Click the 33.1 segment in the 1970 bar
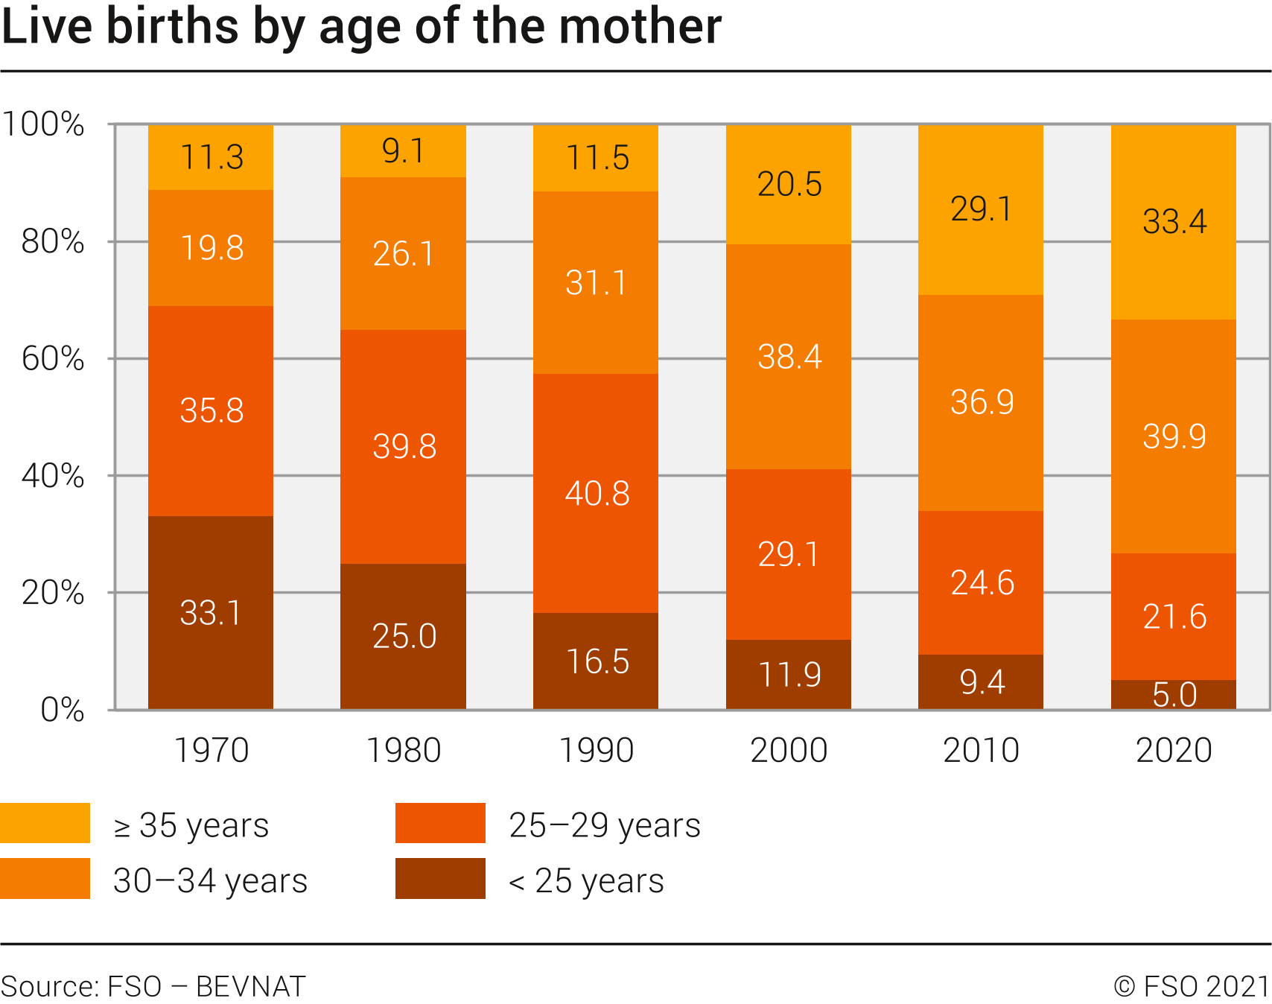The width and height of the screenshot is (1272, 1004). click(211, 612)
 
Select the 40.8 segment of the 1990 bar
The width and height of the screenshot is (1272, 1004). click(596, 493)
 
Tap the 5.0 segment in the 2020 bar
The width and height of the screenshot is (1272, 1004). click(1174, 694)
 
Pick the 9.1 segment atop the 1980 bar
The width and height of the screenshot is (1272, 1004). click(403, 151)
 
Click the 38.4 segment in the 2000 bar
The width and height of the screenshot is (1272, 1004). click(789, 357)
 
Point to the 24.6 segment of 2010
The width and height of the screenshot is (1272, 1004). click(981, 582)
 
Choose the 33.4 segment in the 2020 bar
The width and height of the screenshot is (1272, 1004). click(1174, 222)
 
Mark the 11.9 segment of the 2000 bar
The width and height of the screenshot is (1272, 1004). click(789, 674)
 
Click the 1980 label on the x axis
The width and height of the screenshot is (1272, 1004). click(404, 750)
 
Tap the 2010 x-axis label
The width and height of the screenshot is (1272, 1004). click(981, 750)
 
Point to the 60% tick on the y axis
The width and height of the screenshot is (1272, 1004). click(53, 359)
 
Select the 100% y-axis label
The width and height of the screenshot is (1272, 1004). click(43, 124)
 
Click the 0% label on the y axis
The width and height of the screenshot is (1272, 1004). click(63, 710)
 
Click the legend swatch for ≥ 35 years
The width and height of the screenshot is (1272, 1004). click(45, 823)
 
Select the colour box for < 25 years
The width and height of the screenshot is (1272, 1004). click(440, 879)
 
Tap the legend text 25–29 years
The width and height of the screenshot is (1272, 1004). click(605, 825)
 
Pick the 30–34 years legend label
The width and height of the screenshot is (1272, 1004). click(210, 881)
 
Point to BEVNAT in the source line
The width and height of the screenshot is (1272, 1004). click(250, 986)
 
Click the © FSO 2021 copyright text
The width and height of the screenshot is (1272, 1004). click(1192, 986)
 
